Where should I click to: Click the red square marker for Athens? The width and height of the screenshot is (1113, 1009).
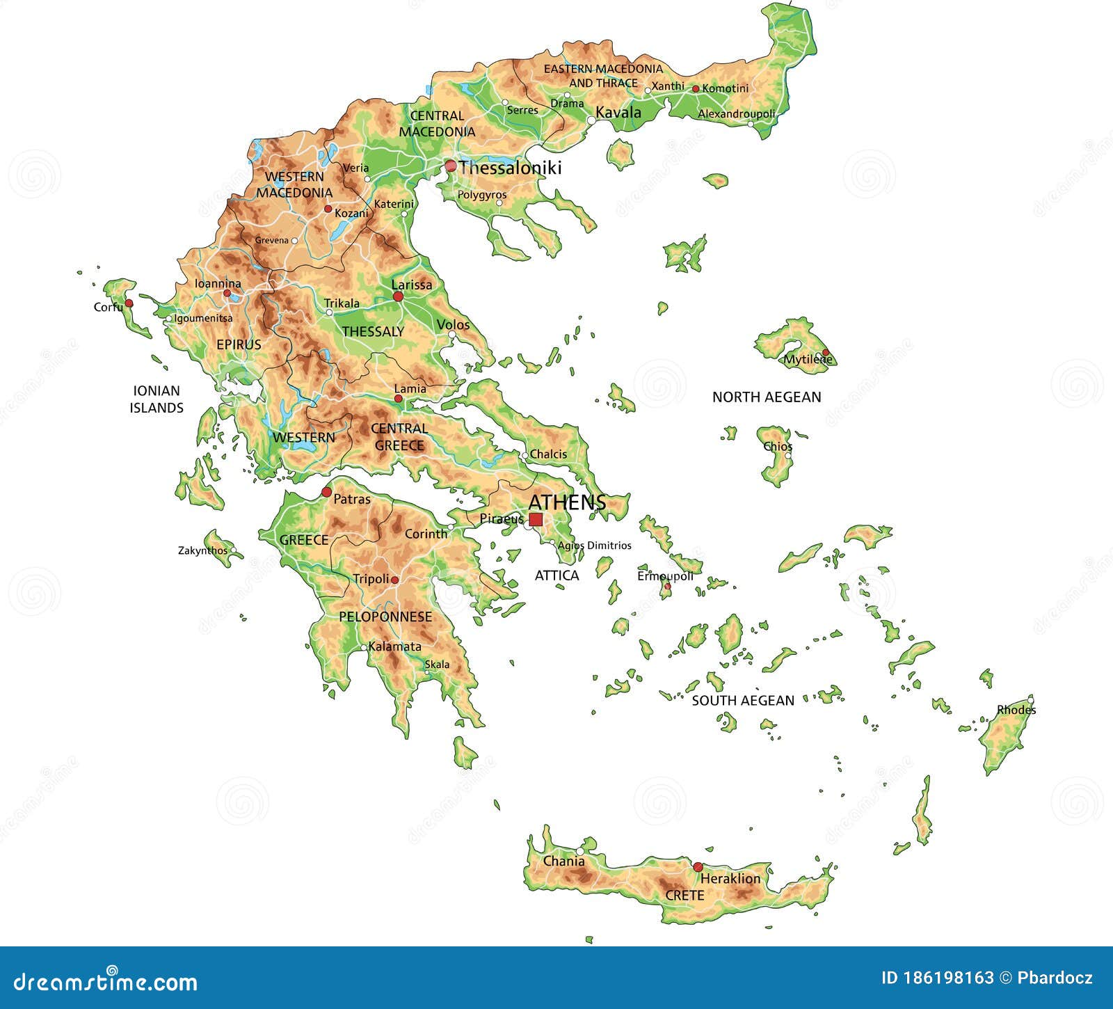(536, 519)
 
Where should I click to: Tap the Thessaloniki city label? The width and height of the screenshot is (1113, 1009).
(509, 168)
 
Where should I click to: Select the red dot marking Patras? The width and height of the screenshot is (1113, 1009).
(326, 492)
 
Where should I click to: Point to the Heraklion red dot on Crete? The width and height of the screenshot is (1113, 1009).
(698, 867)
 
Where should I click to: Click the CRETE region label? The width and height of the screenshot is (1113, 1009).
(684, 896)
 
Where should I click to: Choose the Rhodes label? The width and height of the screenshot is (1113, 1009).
(1016, 710)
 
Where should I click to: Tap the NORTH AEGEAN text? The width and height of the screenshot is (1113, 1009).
(766, 397)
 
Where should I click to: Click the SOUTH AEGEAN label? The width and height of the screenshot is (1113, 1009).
(742, 701)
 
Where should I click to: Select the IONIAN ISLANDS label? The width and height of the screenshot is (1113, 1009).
(157, 399)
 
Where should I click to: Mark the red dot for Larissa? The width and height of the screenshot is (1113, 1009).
(398, 296)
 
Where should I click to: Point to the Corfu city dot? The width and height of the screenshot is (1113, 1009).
(129, 303)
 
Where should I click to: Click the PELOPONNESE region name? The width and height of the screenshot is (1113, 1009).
(385, 617)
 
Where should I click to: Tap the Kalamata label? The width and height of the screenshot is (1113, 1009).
(394, 646)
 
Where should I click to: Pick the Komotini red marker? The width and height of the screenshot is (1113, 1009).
(695, 88)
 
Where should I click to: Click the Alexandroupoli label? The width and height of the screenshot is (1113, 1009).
(736, 113)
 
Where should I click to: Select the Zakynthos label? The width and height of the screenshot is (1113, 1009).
(202, 550)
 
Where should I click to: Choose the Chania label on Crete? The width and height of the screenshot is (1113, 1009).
(563, 861)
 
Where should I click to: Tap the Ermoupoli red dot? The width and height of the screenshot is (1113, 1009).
(667, 587)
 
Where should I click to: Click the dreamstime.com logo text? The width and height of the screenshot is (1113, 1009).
(106, 982)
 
